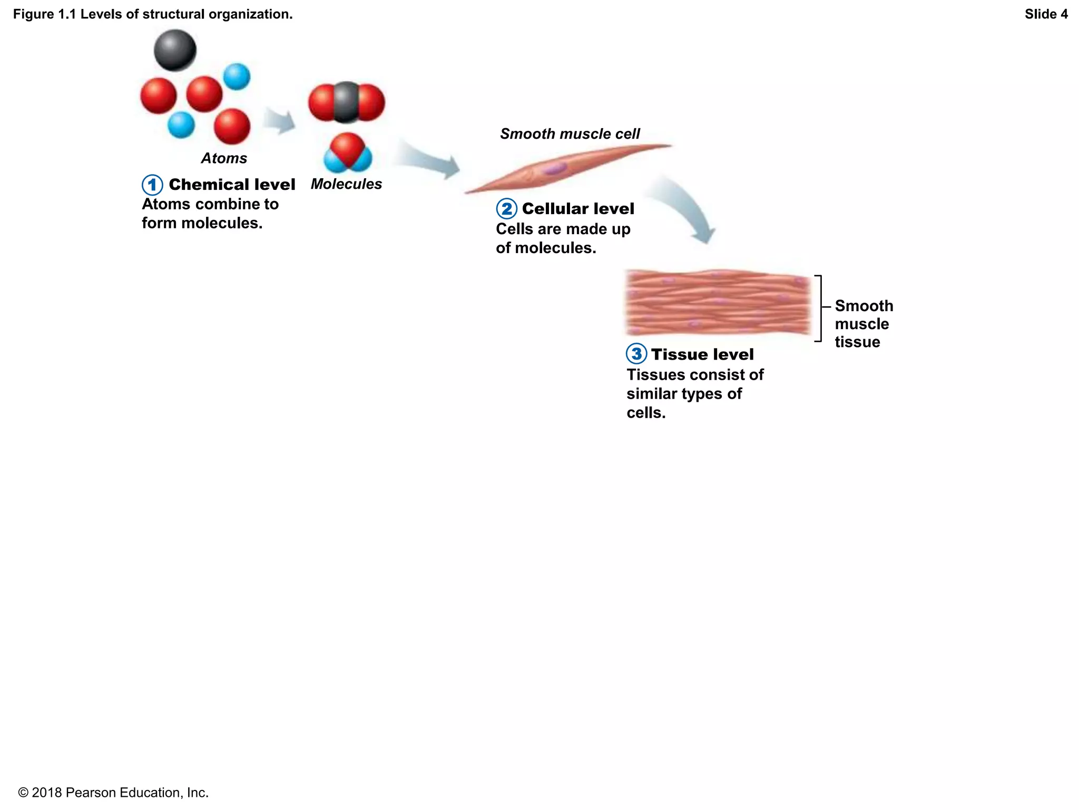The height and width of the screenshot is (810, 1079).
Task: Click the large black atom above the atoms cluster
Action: pyautogui.click(x=175, y=50)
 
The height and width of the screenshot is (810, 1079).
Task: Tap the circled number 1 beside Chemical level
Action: pyautogui.click(x=152, y=185)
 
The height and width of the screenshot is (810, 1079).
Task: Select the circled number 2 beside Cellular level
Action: pyautogui.click(x=506, y=209)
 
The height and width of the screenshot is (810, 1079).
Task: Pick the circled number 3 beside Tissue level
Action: pyautogui.click(x=636, y=354)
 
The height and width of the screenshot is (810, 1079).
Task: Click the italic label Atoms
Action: pyautogui.click(x=224, y=158)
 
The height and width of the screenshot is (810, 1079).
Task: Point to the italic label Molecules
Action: pyautogui.click(x=346, y=184)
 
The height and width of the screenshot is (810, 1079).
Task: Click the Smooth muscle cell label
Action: pyautogui.click(x=570, y=134)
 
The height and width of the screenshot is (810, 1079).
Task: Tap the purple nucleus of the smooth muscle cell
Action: pyautogui.click(x=555, y=169)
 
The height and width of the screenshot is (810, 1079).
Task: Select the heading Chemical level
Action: pyautogui.click(x=232, y=185)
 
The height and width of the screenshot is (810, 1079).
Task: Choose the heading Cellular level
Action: pyautogui.click(x=578, y=209)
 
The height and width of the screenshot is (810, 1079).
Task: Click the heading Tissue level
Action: pyautogui.click(x=702, y=354)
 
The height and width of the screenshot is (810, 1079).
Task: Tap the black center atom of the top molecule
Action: pyautogui.click(x=346, y=102)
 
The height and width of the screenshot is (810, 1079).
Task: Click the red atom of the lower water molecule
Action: pyautogui.click(x=348, y=148)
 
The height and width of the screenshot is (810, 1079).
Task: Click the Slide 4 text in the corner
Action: pyautogui.click(x=1046, y=14)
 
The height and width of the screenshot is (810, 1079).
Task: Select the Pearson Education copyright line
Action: pyautogui.click(x=113, y=793)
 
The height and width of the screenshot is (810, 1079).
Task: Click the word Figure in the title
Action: pyautogui.click(x=33, y=14)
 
